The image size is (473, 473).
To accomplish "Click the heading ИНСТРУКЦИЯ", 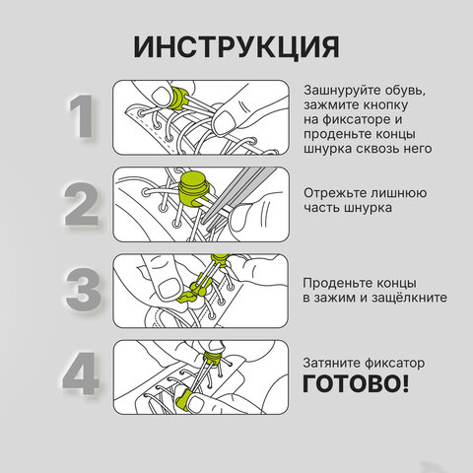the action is [236, 47].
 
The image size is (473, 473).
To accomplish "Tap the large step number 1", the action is [82, 116].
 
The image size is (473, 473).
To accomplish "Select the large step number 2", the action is [82, 204].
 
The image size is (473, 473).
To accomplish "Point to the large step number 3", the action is [84, 290].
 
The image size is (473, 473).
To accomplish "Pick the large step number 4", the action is [81, 373].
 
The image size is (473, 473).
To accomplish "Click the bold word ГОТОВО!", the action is [356, 383].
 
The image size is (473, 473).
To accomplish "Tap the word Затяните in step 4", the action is [332, 363].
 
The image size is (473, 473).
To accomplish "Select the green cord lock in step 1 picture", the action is [177, 98].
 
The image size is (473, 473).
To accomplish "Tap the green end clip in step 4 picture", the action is [184, 399].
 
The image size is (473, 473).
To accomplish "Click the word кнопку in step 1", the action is [386, 104].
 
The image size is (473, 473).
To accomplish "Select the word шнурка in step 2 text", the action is [368, 208].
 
